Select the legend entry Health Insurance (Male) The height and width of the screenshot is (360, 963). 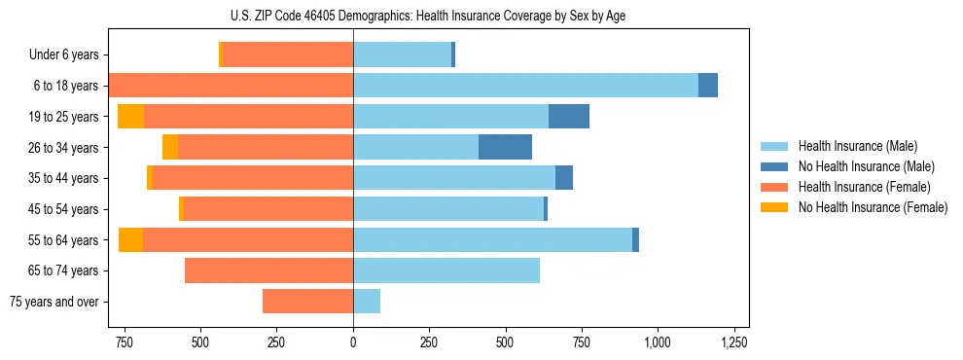point(857,146)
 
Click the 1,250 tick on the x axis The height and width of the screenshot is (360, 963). point(733,342)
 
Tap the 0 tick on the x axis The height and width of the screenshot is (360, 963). point(353,342)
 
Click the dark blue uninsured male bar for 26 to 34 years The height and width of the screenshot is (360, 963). point(505,147)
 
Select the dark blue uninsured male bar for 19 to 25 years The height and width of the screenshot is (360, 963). point(569,117)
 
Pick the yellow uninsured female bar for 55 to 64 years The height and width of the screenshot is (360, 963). point(130,239)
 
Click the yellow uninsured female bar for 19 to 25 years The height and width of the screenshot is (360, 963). point(130,117)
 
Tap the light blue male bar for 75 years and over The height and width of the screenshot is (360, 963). point(367,302)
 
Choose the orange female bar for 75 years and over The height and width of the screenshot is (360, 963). point(307,302)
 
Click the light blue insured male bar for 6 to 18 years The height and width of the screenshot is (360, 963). point(525,86)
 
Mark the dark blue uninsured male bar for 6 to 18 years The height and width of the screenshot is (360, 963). point(708,86)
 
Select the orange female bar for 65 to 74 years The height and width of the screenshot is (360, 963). point(268,270)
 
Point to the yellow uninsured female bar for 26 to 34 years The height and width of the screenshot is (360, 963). point(170,147)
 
